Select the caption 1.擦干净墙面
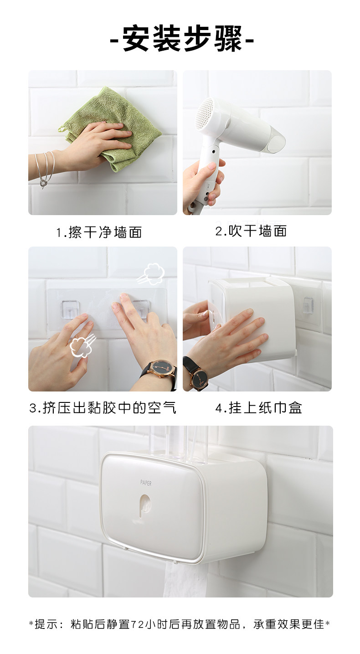click(99, 232)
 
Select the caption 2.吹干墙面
click(251, 231)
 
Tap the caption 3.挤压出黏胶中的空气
click(103, 407)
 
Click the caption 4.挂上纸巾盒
click(259, 407)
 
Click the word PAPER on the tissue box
click(146, 483)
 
